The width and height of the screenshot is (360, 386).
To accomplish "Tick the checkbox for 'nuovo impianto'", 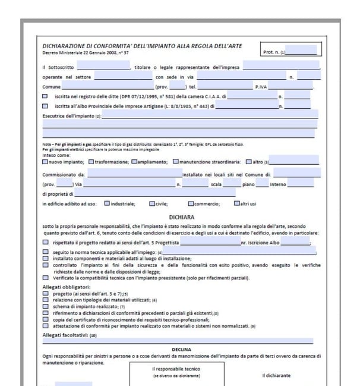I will pos(46,161).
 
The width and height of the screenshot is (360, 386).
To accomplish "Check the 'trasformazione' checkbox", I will pos(91,161).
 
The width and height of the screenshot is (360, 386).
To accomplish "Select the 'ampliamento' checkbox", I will pos(134,161).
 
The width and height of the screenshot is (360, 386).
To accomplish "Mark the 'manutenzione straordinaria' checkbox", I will pos(176,161).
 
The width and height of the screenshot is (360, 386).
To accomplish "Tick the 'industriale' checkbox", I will pos(107,204).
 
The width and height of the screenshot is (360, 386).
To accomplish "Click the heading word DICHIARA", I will pos(182,218).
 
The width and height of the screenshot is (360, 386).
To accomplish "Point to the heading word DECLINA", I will pos(182,349).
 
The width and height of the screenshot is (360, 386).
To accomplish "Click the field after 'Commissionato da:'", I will pos(134,174).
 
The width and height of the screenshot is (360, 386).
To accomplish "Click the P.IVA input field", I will pos(291,87).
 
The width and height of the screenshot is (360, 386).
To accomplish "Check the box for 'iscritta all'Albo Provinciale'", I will pos(46,106).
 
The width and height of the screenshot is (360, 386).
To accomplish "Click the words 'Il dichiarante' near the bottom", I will pos(276,375).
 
